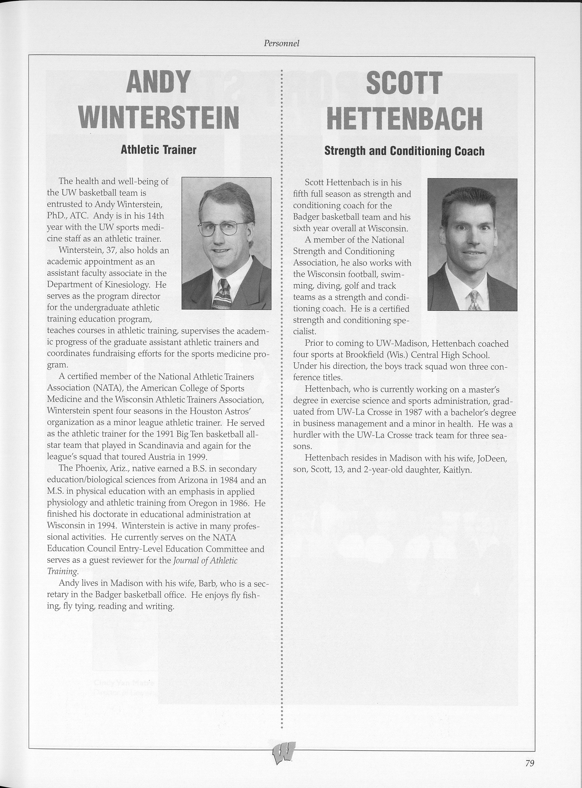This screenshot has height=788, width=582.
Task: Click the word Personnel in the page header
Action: (x=282, y=43)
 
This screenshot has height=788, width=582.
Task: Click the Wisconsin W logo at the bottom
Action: (x=284, y=751)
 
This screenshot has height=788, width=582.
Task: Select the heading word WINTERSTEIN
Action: (x=159, y=118)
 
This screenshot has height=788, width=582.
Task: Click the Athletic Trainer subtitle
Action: (x=158, y=150)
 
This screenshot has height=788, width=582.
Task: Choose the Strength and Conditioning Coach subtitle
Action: (x=404, y=151)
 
